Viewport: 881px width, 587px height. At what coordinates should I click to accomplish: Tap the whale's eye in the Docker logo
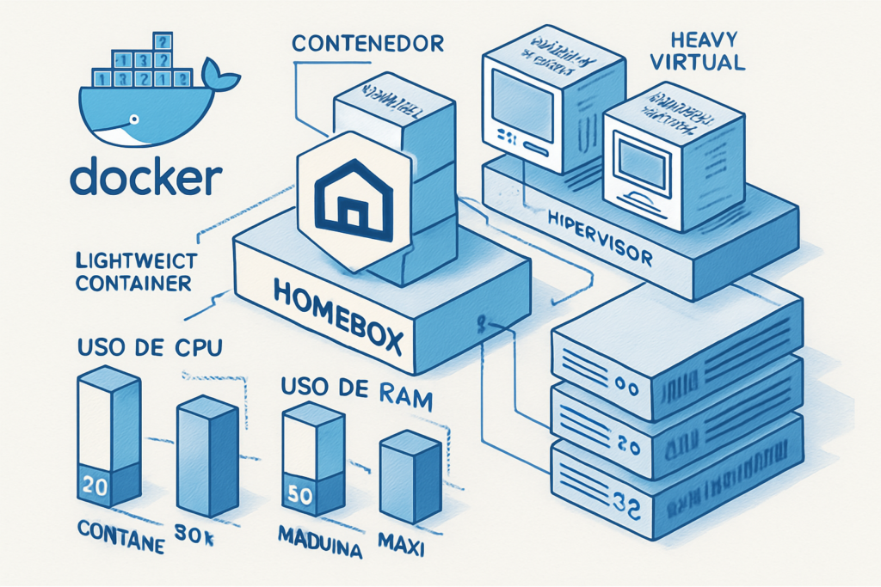point(133,117)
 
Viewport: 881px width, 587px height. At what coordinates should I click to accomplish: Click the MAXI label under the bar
point(403,542)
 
